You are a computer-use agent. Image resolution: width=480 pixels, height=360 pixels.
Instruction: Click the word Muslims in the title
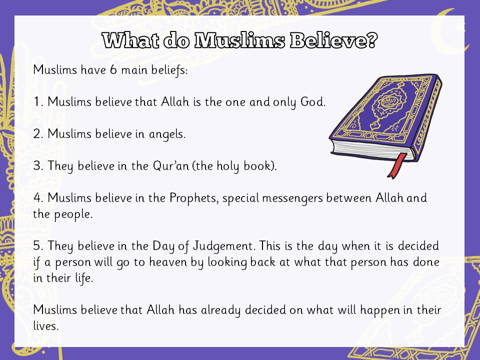239,40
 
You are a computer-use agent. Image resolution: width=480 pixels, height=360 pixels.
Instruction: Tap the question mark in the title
371,40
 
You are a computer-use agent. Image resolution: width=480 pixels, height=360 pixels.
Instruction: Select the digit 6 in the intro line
113,70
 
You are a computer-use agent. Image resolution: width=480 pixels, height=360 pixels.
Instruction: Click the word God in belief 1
312,101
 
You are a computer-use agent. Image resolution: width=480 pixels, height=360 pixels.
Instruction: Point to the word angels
167,134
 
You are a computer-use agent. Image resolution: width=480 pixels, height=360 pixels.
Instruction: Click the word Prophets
194,198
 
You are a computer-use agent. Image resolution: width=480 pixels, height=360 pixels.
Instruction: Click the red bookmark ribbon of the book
396,165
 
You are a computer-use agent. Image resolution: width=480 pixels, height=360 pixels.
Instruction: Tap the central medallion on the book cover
386,102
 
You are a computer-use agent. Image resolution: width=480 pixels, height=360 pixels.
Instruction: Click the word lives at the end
45,325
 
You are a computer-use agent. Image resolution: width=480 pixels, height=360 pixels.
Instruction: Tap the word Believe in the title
327,40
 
